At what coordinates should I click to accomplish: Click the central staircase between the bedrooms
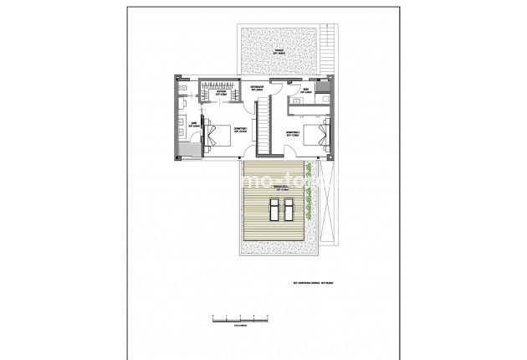[x=263, y=123]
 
